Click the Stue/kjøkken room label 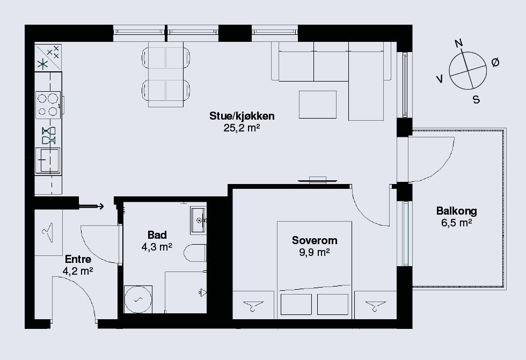pos(242,116)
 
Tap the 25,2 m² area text pos(242,128)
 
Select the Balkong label pos(457,211)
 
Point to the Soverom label pos(315,240)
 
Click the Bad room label pos(157,235)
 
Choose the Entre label pos(78,259)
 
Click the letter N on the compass pos(459,43)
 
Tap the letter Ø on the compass pos(495,62)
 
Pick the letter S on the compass pos(476,100)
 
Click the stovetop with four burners pos(48,105)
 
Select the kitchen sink pos(48,160)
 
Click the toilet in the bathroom pos(195,253)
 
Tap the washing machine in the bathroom pos(138,299)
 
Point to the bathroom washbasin pos(198,220)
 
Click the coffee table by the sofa pos(318,105)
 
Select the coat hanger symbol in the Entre pos(48,232)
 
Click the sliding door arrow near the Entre pos(91,207)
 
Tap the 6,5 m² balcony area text pos(457,223)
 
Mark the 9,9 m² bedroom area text pos(315,252)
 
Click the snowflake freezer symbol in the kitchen pos(42,64)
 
